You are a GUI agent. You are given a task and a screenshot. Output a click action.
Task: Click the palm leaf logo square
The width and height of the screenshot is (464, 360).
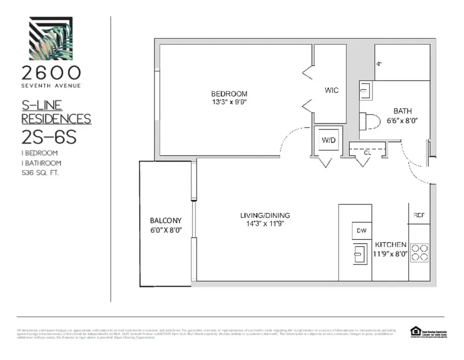pyautogui.click(x=51, y=38)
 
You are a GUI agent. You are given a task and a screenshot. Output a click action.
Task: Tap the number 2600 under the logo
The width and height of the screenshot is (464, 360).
pyautogui.click(x=51, y=73)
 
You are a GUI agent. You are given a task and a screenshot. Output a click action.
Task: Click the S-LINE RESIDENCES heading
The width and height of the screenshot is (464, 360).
pyautogui.click(x=56, y=112)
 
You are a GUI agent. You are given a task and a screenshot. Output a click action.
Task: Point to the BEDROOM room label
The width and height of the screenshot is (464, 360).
pyautogui.click(x=229, y=94)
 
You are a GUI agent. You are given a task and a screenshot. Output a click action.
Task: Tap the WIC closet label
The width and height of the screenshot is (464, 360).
pyautogui.click(x=331, y=90)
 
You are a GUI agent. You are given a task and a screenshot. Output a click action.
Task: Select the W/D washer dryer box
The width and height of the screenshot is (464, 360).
pyautogui.click(x=328, y=140)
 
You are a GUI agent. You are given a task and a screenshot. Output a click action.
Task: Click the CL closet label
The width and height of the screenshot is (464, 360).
pyautogui.click(x=367, y=152)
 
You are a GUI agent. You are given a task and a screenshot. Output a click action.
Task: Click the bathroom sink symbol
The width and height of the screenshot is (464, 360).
pyautogui.click(x=365, y=91)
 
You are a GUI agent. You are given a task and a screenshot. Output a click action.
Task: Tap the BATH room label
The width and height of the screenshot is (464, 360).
pyautogui.click(x=402, y=111)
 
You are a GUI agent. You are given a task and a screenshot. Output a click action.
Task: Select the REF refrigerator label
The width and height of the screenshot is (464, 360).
pyautogui.click(x=419, y=216)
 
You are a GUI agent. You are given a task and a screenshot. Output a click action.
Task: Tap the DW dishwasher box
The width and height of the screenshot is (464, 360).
pyautogui.click(x=361, y=231)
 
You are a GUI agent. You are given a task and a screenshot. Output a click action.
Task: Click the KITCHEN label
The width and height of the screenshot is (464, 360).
pyautogui.click(x=391, y=244)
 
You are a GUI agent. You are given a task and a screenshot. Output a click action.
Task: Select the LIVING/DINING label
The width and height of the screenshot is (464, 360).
pyautogui.click(x=265, y=215)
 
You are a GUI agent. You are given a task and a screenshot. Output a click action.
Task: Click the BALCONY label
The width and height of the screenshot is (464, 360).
pyautogui.click(x=165, y=220)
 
